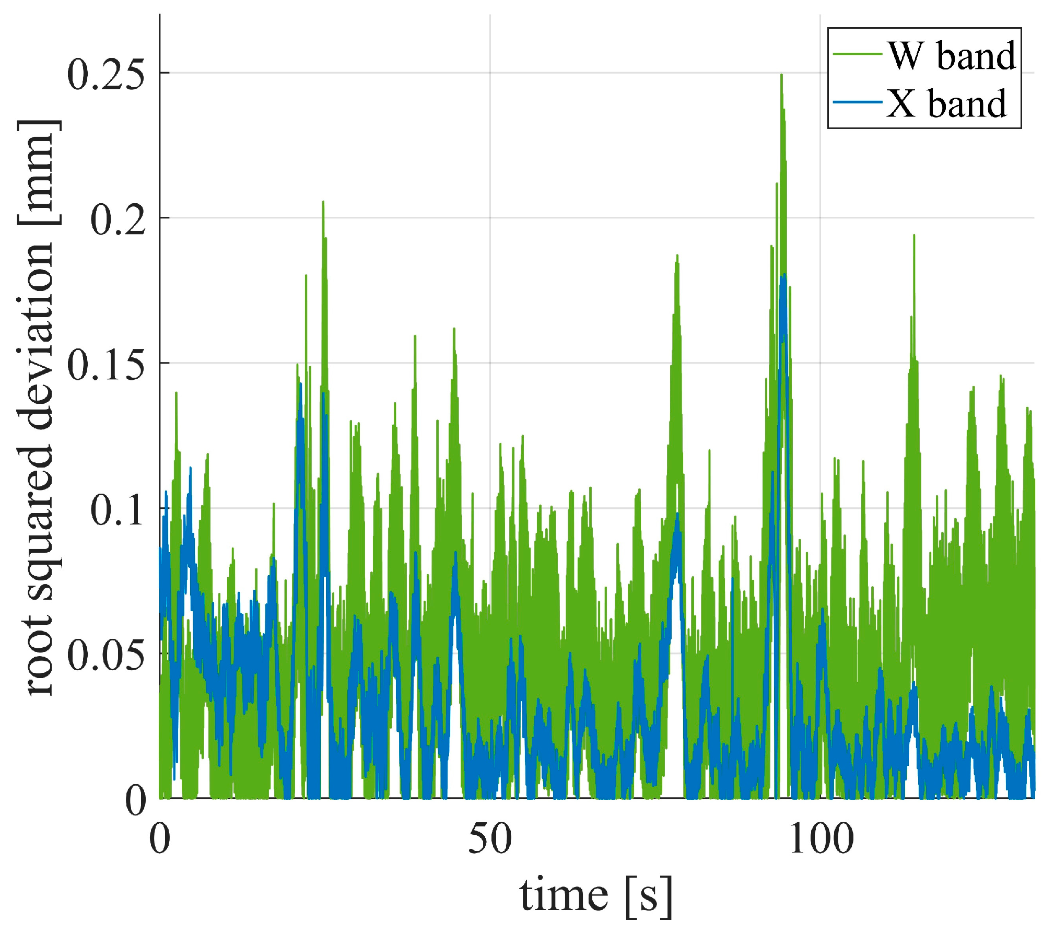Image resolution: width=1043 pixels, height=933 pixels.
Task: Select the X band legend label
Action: point(946,103)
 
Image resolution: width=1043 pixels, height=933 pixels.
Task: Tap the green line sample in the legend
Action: point(857,54)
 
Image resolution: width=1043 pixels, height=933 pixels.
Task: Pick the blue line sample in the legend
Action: point(857,102)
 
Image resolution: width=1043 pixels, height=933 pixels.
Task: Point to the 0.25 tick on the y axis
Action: point(106,74)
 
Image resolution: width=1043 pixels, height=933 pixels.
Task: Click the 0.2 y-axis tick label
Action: point(118,219)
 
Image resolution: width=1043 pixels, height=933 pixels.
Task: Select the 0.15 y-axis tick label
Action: point(106,364)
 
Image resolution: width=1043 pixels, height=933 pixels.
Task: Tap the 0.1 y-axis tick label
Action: point(118,509)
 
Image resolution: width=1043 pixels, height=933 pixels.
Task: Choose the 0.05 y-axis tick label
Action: point(106,655)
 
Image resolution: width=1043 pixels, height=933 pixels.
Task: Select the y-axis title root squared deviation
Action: point(38,407)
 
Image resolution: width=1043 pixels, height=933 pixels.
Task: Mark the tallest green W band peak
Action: point(781,76)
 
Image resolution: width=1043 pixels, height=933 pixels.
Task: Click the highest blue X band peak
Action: point(784,276)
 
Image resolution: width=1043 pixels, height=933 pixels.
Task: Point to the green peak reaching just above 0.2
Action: point(323,202)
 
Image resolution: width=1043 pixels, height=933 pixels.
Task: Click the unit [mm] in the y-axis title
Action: point(38,172)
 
